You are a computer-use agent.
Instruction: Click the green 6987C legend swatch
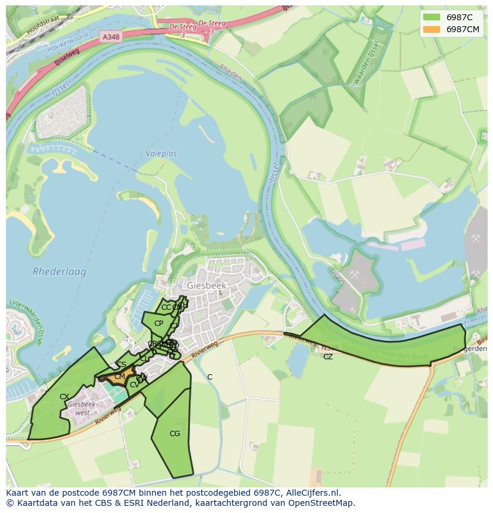[431, 17]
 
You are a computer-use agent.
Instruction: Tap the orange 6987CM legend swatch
[431, 29]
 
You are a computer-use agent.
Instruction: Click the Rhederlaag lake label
[60, 272]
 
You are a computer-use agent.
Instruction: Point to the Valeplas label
[161, 154]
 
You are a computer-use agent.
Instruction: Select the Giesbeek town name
[207, 285]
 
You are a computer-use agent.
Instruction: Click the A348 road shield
[110, 37]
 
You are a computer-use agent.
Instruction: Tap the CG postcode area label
[174, 434]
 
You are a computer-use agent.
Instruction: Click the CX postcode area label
[64, 396]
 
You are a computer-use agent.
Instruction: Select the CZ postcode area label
[328, 357]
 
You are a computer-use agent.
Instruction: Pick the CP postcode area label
[158, 324]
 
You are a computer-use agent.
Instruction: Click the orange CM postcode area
[119, 377]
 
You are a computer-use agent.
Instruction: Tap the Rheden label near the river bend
[230, 72]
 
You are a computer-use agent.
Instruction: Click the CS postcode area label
[121, 365]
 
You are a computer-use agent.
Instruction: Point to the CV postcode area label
[134, 385]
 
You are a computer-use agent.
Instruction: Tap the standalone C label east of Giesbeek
[210, 377]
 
